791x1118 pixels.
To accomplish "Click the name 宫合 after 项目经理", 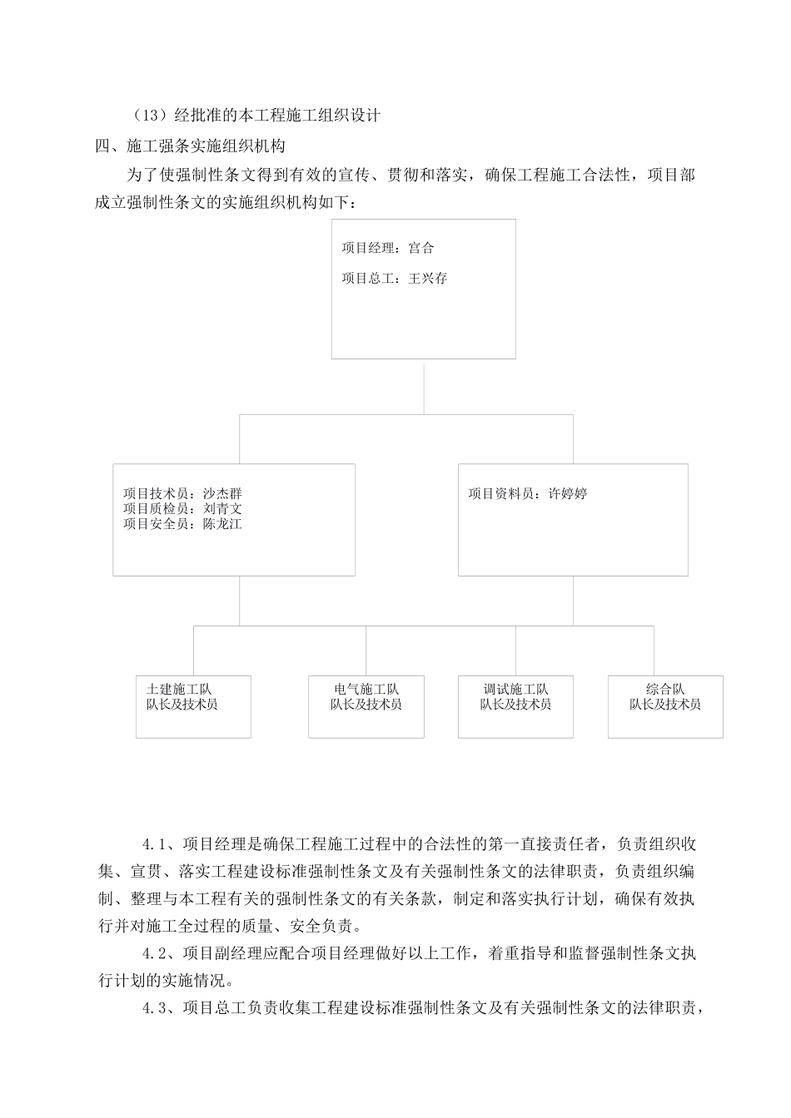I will point(421,248).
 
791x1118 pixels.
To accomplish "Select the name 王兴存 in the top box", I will point(428,279).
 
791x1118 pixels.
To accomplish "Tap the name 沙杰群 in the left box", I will point(222,493).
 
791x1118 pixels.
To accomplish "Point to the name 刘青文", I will point(222,508).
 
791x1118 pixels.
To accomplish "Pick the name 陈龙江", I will point(222,524).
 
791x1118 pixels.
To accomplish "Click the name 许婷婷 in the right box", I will point(567,493).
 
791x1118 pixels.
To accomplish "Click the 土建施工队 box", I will point(193,706).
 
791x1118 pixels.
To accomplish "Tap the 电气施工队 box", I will point(366,706).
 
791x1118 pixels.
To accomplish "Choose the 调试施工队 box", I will point(515,706).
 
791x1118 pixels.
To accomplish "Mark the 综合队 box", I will point(665,706).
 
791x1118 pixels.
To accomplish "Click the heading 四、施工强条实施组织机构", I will point(192,146).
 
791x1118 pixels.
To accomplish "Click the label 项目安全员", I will point(157,524).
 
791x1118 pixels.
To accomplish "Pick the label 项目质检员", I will point(157,508).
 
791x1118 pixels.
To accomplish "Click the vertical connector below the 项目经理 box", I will point(424,386).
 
